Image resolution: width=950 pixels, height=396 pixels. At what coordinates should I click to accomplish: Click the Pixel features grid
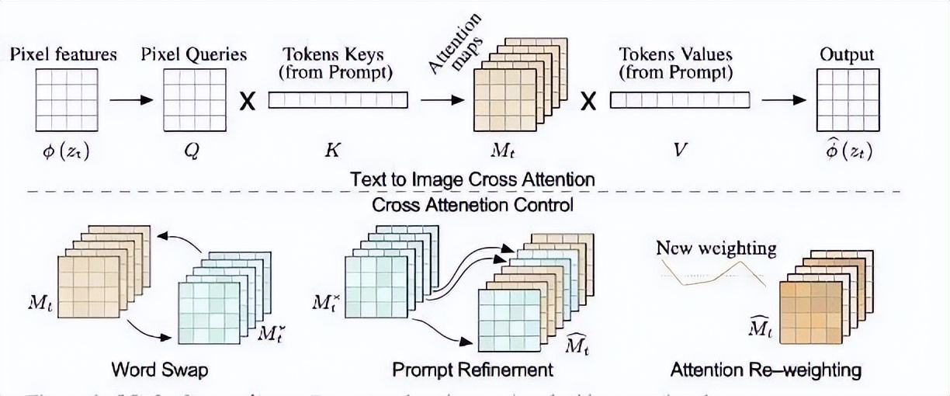[x=66, y=100]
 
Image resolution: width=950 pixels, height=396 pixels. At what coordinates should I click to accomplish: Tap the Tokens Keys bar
[x=338, y=100]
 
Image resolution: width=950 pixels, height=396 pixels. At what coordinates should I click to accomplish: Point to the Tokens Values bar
[x=679, y=100]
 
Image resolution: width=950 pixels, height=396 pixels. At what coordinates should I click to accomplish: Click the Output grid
[x=847, y=100]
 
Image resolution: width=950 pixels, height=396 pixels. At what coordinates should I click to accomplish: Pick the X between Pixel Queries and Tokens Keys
[x=247, y=101]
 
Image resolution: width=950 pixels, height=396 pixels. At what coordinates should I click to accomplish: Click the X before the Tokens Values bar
[x=589, y=101]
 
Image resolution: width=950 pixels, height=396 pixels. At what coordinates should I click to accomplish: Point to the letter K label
[x=331, y=151]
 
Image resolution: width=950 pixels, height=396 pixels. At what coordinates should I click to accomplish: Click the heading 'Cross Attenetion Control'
[x=473, y=205]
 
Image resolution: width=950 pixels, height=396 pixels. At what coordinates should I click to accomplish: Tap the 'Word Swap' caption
[x=160, y=369]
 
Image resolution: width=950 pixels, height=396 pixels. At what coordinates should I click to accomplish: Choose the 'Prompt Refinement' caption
[x=473, y=369]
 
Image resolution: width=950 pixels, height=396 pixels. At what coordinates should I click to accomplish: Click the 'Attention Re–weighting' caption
[x=766, y=369]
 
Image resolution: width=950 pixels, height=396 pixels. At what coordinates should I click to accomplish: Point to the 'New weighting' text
[x=716, y=248]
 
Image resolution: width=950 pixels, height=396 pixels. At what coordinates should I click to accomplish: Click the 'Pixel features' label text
[x=64, y=54]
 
